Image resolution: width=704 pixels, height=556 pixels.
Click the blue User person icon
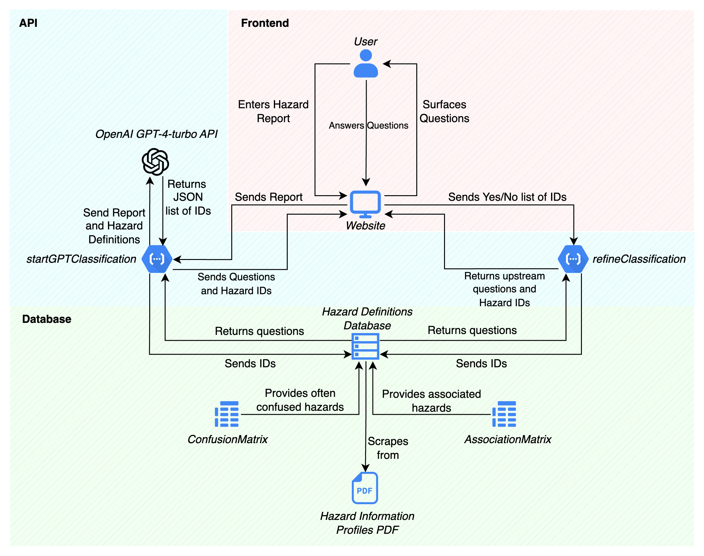(365, 64)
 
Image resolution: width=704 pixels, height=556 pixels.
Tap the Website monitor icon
(365, 204)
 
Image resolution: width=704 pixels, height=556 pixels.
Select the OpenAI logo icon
(155, 162)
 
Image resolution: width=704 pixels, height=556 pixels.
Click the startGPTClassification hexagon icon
(157, 259)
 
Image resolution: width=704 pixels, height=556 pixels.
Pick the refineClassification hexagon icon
(573, 259)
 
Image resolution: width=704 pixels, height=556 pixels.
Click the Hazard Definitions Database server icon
(365, 346)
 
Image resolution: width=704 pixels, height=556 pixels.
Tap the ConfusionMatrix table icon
(227, 414)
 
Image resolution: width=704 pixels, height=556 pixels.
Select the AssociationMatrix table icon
(504, 414)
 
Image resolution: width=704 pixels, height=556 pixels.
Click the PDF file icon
(365, 488)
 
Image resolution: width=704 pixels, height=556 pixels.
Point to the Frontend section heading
(265, 23)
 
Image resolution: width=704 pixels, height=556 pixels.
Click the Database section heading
(47, 319)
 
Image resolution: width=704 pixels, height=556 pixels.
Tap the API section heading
(28, 23)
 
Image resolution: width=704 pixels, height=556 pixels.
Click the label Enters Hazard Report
(273, 111)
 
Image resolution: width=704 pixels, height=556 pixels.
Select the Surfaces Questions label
(444, 111)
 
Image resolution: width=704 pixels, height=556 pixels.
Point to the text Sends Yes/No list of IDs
(507, 197)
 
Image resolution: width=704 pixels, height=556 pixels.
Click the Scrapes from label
(388, 448)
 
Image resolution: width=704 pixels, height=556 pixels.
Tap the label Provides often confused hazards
(300, 400)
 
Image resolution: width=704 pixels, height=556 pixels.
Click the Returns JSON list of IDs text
(188, 197)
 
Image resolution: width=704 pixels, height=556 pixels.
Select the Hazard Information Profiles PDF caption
(367, 523)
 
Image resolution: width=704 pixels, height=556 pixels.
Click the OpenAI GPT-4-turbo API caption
(157, 134)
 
